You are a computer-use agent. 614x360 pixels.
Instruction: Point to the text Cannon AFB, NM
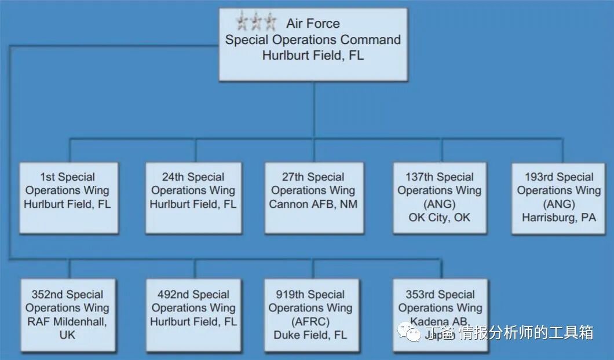tap(313, 204)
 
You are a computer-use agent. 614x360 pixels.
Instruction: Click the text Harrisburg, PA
tap(558, 218)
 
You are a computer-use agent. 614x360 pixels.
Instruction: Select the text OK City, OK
tap(440, 218)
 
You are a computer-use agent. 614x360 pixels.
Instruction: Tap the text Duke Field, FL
tap(310, 335)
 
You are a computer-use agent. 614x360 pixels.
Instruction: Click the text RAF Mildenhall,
tap(67, 322)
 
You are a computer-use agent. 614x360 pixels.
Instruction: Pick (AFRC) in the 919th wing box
tap(310, 322)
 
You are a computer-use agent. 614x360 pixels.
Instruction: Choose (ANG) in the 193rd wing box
tap(558, 204)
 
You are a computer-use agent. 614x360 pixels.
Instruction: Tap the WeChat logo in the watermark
tap(413, 332)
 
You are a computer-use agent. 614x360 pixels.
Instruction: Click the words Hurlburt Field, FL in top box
tap(313, 56)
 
